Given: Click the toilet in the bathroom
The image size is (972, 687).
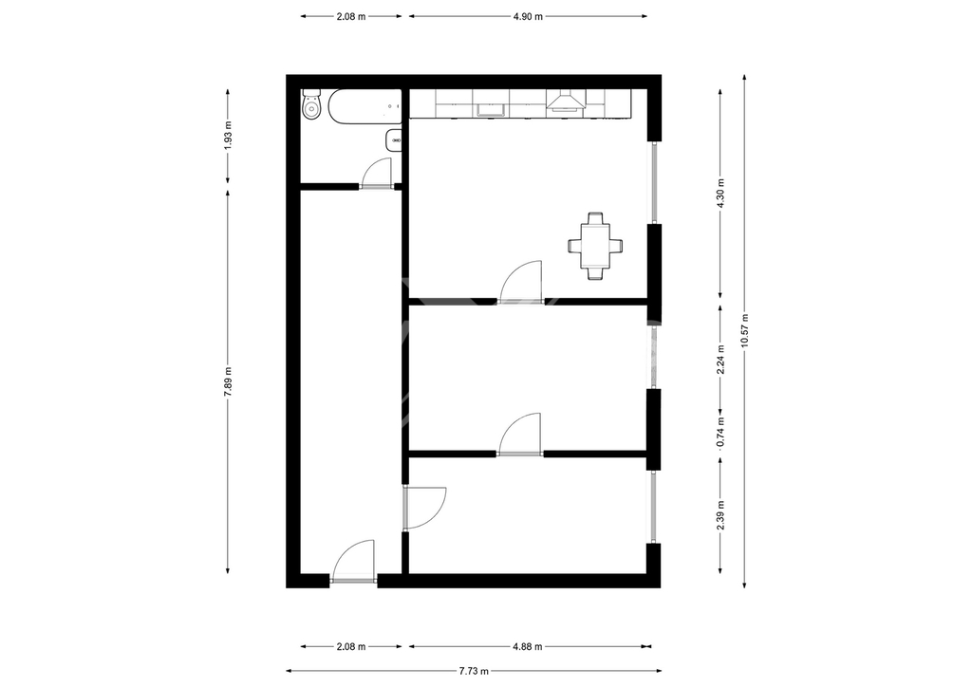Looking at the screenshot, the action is (x=310, y=105).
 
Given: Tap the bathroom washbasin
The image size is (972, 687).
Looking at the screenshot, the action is (x=394, y=140).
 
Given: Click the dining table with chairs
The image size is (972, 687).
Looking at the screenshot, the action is (x=595, y=246).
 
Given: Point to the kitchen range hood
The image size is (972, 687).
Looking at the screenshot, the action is (x=566, y=101).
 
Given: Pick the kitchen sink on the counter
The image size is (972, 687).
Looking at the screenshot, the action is (x=491, y=110).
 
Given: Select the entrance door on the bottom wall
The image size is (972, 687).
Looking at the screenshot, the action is (x=354, y=561).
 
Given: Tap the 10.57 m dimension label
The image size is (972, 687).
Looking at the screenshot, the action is (x=744, y=331).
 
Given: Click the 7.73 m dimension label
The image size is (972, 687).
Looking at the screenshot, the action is (x=474, y=670).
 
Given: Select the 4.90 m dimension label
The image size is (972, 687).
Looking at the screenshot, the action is (x=528, y=17).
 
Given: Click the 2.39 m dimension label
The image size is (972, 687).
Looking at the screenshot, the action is (x=720, y=515).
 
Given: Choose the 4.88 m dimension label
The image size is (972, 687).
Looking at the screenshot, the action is (x=528, y=647).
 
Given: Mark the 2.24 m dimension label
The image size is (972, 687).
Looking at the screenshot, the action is (x=720, y=360).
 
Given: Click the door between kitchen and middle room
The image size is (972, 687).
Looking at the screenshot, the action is (x=521, y=283).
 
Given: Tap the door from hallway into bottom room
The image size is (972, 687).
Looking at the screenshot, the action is (x=424, y=508).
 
